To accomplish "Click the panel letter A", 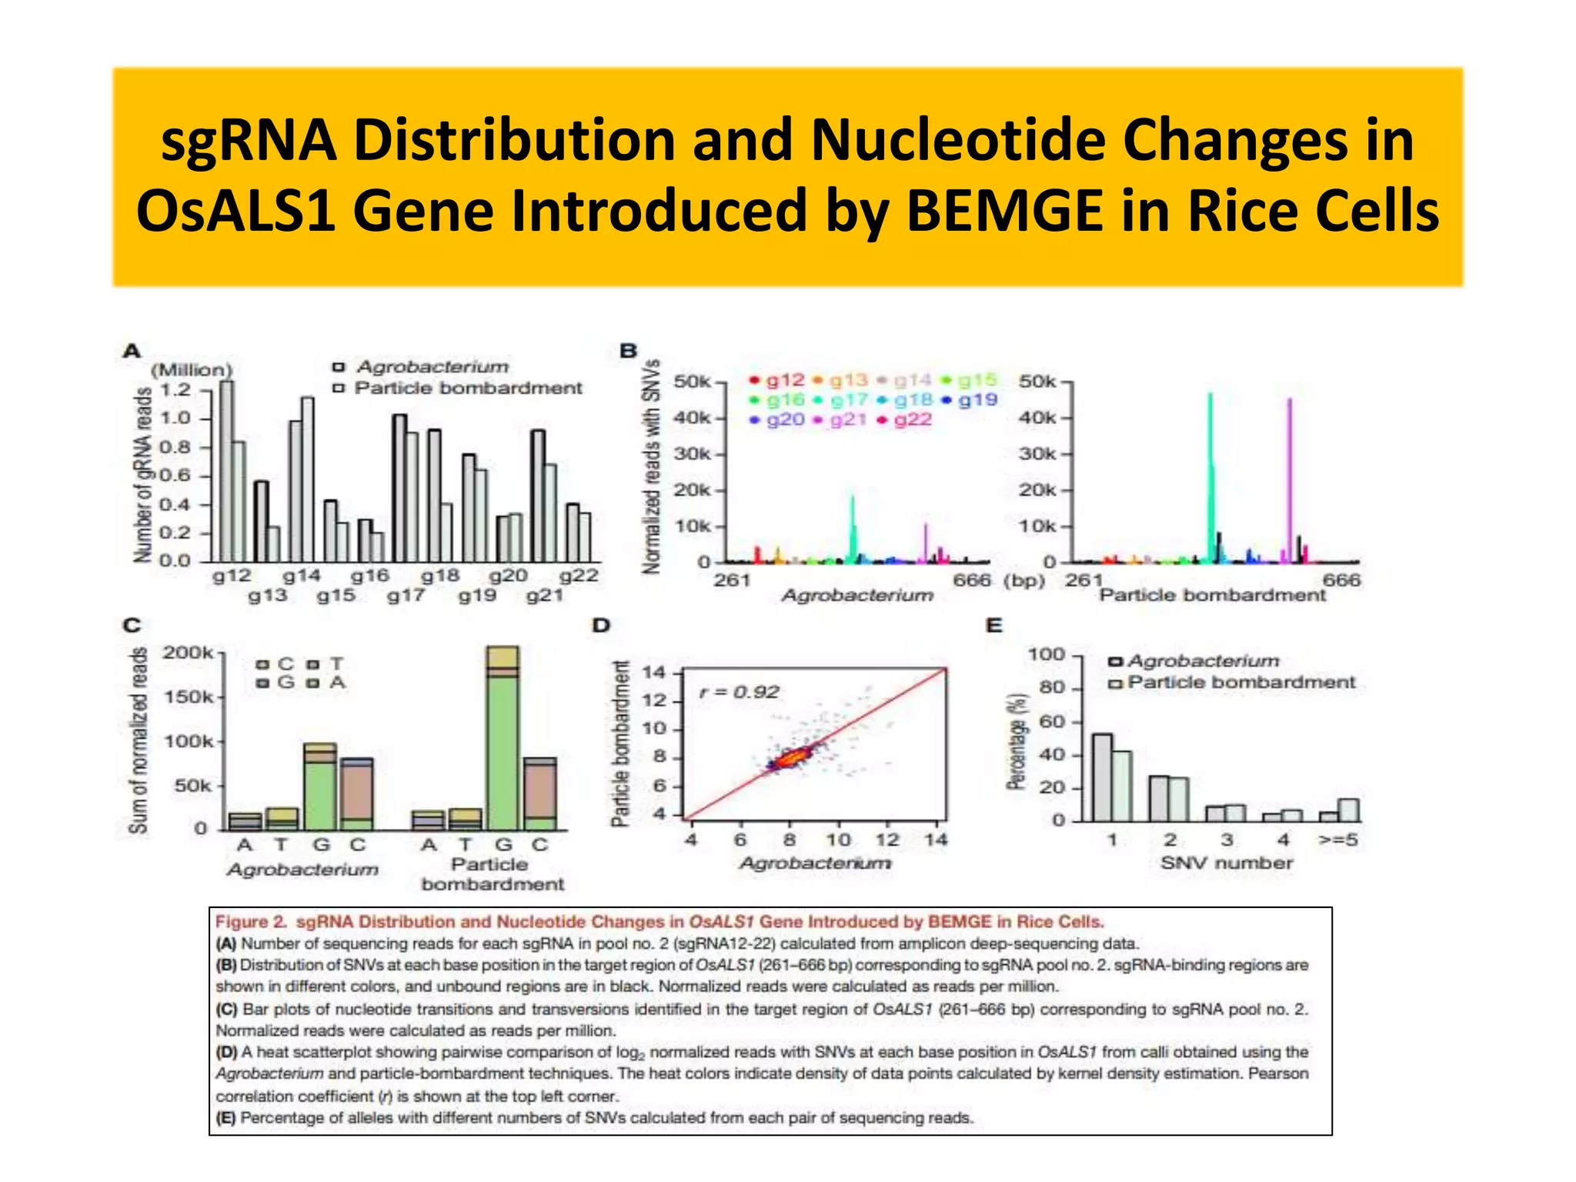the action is point(132,352).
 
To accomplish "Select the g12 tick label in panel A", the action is point(231,576).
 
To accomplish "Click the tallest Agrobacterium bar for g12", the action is point(226,471).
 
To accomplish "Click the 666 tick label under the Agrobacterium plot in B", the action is point(972,580).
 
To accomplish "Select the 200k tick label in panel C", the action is point(187,653).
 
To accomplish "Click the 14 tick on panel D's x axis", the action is point(936,840).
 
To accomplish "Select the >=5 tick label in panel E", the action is point(1338,840).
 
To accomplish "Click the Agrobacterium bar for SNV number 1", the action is point(1102,777).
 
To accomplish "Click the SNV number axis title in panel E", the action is point(1227,863).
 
